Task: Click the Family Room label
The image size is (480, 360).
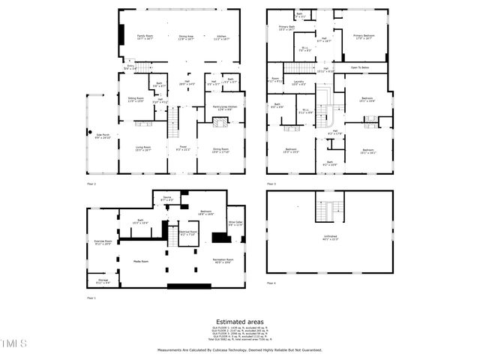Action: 144,37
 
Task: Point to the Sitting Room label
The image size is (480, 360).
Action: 136,100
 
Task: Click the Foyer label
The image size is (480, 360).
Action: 182,148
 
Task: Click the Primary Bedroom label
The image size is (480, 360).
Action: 363,37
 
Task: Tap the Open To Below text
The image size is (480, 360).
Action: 361,68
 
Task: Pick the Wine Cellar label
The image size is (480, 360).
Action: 236,223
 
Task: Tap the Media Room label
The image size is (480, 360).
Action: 141,261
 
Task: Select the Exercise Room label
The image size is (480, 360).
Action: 103,242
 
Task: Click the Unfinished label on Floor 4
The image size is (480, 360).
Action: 330,238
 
